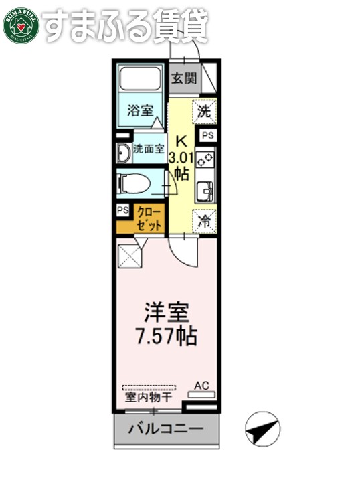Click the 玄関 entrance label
[183, 78]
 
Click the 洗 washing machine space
[205, 112]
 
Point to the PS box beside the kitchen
[207, 135]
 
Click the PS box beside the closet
[122, 210]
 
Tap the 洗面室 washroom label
[148, 149]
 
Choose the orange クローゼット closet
[149, 219]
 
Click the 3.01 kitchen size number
[181, 158]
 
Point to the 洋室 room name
[167, 313]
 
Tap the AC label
[201, 385]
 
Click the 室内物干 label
[148, 397]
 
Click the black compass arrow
[262, 428]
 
